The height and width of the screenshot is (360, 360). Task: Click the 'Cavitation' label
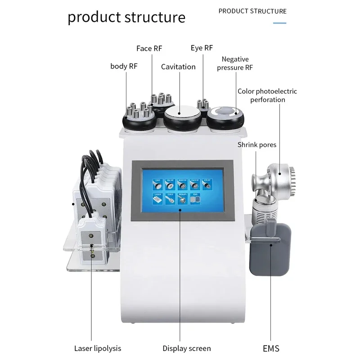tap(178, 67)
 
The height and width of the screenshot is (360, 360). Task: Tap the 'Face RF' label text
tap(150, 49)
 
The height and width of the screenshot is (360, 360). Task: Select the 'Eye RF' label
tap(202, 48)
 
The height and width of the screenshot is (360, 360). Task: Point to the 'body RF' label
tap(124, 67)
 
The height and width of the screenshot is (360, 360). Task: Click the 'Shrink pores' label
tap(257, 145)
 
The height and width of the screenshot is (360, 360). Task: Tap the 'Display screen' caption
tap(186, 348)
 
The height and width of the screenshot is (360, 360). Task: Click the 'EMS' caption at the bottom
tap(271, 348)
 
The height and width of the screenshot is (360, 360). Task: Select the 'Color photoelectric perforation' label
tap(267, 95)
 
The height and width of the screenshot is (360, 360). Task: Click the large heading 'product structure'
tap(126, 17)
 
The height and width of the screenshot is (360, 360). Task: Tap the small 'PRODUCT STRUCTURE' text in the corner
tap(252, 11)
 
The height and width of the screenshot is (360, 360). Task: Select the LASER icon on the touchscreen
tap(158, 198)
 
